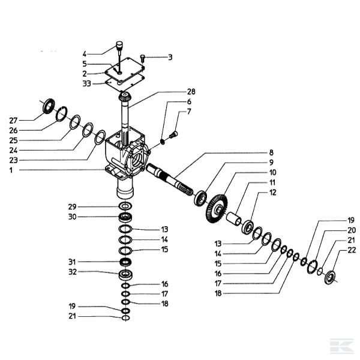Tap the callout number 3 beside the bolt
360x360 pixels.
coord(170,58)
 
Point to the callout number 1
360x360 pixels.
coord(11,170)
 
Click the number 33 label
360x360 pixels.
coord(88,83)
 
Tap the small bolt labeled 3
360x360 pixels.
coord(143,58)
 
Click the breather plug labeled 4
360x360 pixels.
coord(119,47)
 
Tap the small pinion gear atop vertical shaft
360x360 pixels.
coord(126,98)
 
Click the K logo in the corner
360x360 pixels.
coord(341,346)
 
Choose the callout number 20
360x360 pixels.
coord(352,230)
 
